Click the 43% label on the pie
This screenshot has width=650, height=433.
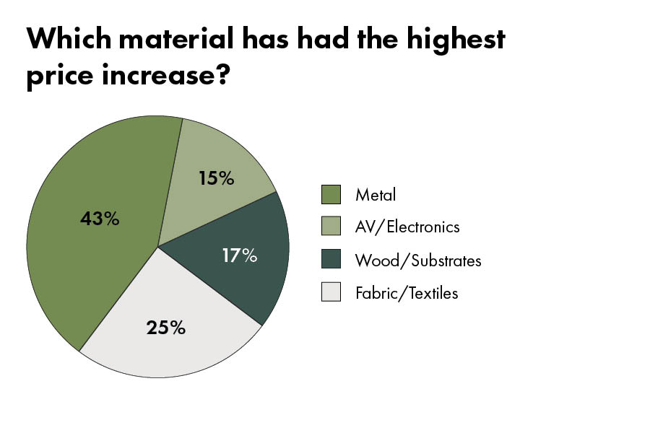[100, 218]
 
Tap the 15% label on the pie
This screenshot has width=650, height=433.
[216, 178]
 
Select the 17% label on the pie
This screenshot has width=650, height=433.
[239, 255]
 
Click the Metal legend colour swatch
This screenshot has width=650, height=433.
[331, 194]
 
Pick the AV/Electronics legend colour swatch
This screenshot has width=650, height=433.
[331, 227]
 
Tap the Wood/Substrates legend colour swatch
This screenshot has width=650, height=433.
[331, 260]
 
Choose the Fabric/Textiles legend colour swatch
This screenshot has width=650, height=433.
[331, 292]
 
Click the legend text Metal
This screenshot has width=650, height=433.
[376, 194]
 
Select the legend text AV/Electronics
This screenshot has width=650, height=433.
[407, 227]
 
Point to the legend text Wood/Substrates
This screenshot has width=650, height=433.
[418, 260]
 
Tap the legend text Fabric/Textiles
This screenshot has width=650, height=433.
[407, 292]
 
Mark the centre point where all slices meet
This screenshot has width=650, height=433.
[157, 246]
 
